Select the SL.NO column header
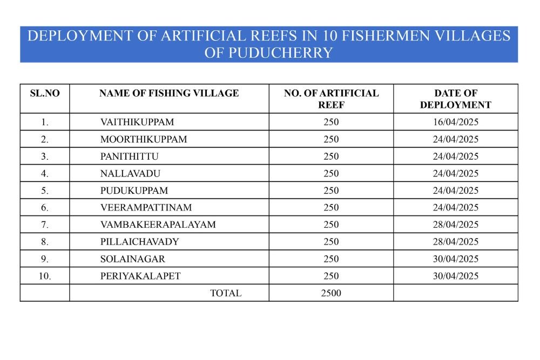pyautogui.click(x=45, y=93)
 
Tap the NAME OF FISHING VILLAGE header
pyautogui.click(x=169, y=93)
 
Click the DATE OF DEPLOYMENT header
pyautogui.click(x=455, y=99)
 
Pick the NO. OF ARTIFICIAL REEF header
pyautogui.click(x=331, y=99)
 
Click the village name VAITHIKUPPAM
pyautogui.click(x=137, y=122)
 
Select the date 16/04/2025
pyautogui.click(x=455, y=122)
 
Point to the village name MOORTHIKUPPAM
pyautogui.click(x=144, y=139)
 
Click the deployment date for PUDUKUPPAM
pyautogui.click(x=455, y=191)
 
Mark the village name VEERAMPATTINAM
pyautogui.click(x=146, y=208)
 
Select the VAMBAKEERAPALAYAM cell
pyautogui.click(x=158, y=225)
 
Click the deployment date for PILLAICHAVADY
pyautogui.click(x=455, y=242)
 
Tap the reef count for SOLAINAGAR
pyautogui.click(x=331, y=259)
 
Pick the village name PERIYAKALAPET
pyautogui.click(x=140, y=276)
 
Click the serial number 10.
pyautogui.click(x=45, y=276)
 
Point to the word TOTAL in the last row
pyautogui.click(x=226, y=294)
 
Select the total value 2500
pyautogui.click(x=331, y=294)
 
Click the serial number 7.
pyautogui.click(x=45, y=225)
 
